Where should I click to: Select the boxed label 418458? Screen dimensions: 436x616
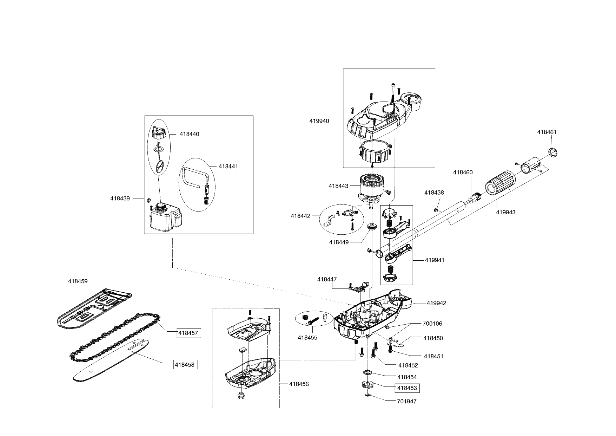[185, 365]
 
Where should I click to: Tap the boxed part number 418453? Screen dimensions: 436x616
[407, 388]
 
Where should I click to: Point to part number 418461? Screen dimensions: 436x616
[547, 132]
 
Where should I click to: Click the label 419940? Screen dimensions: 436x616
[319, 121]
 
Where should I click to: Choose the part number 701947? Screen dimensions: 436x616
[406, 401]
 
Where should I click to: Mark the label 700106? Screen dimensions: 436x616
[432, 324]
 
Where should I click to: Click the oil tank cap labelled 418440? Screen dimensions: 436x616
[159, 134]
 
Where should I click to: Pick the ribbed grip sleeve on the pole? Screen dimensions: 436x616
[501, 182]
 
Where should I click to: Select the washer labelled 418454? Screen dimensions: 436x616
[367, 372]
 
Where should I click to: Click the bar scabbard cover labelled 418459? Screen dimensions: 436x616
[95, 309]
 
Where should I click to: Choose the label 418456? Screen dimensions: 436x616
[299, 384]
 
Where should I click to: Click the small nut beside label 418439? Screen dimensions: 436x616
[148, 200]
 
